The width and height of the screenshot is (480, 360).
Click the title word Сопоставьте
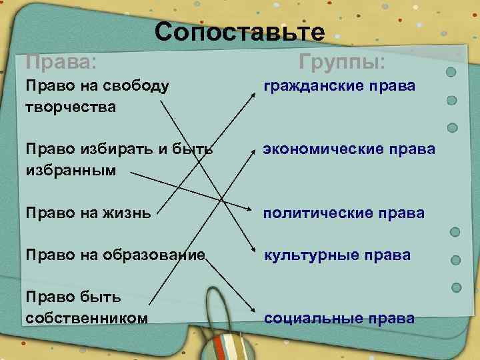(240, 31)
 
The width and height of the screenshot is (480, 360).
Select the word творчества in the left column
(70, 107)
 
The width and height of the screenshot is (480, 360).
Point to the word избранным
(70, 171)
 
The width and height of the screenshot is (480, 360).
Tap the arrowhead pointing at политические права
(253, 212)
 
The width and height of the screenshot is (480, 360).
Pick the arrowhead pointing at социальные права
(253, 311)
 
